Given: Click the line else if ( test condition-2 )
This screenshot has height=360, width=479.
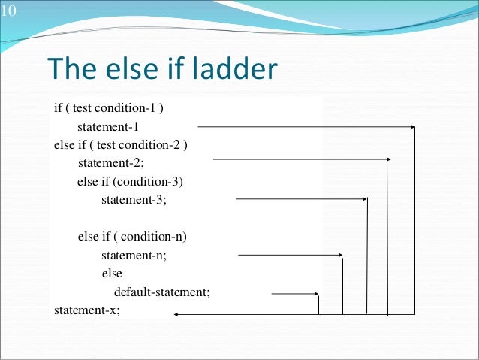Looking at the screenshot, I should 120,144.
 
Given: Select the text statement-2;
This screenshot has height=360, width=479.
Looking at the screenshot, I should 110,163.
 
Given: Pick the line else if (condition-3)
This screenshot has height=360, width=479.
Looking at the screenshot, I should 130,182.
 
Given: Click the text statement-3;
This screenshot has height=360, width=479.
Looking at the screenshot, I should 134,200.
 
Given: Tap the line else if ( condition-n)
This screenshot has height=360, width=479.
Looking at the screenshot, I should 131,237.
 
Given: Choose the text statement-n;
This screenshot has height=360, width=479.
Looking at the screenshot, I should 134,255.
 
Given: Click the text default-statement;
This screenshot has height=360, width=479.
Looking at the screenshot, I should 161,292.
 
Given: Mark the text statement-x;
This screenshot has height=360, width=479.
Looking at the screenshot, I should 87,310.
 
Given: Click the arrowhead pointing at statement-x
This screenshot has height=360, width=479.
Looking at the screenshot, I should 177,315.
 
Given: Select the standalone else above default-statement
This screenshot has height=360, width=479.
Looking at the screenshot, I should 112,274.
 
